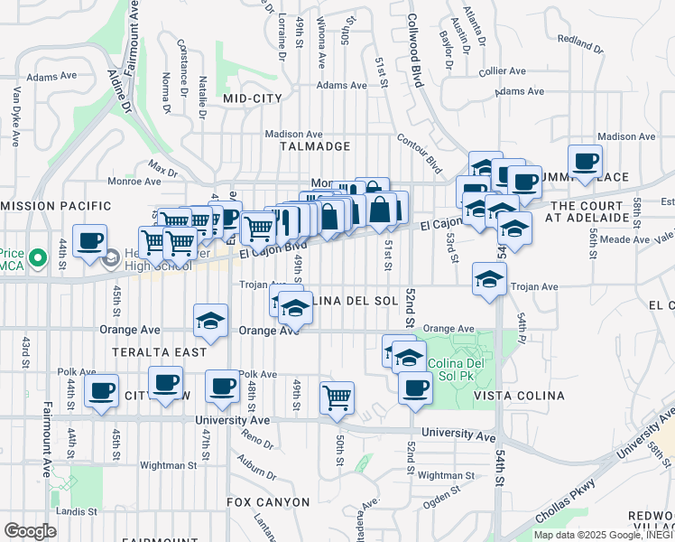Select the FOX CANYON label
(x=267, y=501)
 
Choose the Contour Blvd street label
(x=421, y=153)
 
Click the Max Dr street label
(x=163, y=169)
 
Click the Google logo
(x=30, y=530)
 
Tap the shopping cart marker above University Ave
(x=337, y=396)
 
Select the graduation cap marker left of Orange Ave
(x=211, y=321)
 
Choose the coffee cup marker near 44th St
(x=89, y=241)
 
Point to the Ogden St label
(x=441, y=493)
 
